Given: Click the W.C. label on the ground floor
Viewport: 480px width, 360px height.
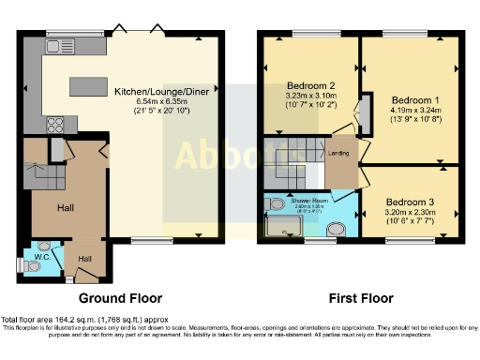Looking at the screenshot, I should [40, 256].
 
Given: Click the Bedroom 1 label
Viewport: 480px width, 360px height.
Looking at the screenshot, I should [412, 99].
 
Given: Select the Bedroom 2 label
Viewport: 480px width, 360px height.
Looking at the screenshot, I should [311, 85].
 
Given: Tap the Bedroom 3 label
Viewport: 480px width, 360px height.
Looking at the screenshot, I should [411, 200].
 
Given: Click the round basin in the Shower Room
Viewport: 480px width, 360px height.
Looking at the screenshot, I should [336, 229].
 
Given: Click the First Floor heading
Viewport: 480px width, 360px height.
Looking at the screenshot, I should [360, 299].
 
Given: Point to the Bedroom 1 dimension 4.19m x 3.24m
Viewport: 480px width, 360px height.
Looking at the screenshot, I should [412, 110].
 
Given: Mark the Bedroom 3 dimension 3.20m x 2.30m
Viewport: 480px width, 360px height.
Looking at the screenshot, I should [411, 211].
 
